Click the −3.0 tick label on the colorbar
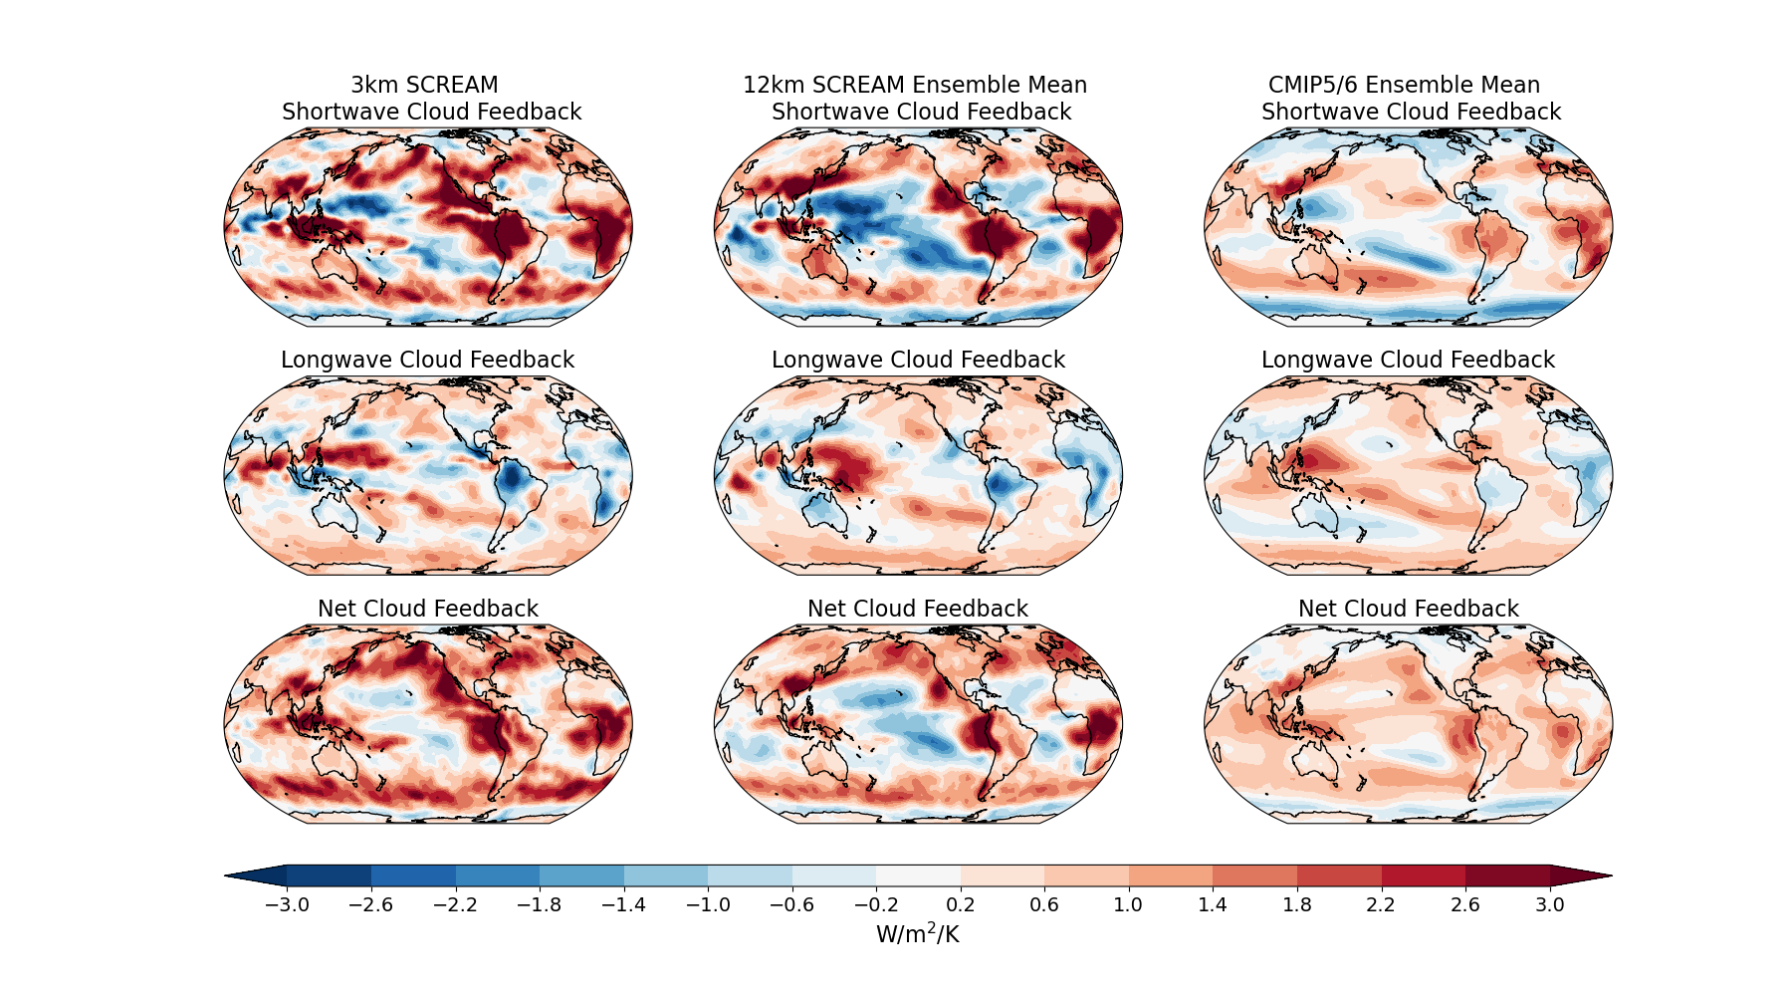[287, 905]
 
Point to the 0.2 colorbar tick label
[961, 905]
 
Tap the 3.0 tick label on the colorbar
[1549, 905]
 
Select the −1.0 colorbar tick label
[708, 905]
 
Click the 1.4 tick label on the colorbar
[1213, 905]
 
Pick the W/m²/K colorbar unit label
[917, 934]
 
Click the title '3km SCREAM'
[424, 86]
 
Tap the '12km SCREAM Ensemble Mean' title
[915, 86]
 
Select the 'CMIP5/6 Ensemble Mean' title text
[1404, 86]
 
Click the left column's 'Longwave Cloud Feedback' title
[427, 360]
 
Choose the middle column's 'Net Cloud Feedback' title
[917, 609]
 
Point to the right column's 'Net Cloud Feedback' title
[1408, 609]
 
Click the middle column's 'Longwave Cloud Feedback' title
[918, 360]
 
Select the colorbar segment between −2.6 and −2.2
[413, 876]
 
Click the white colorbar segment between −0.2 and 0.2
[918, 876]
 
